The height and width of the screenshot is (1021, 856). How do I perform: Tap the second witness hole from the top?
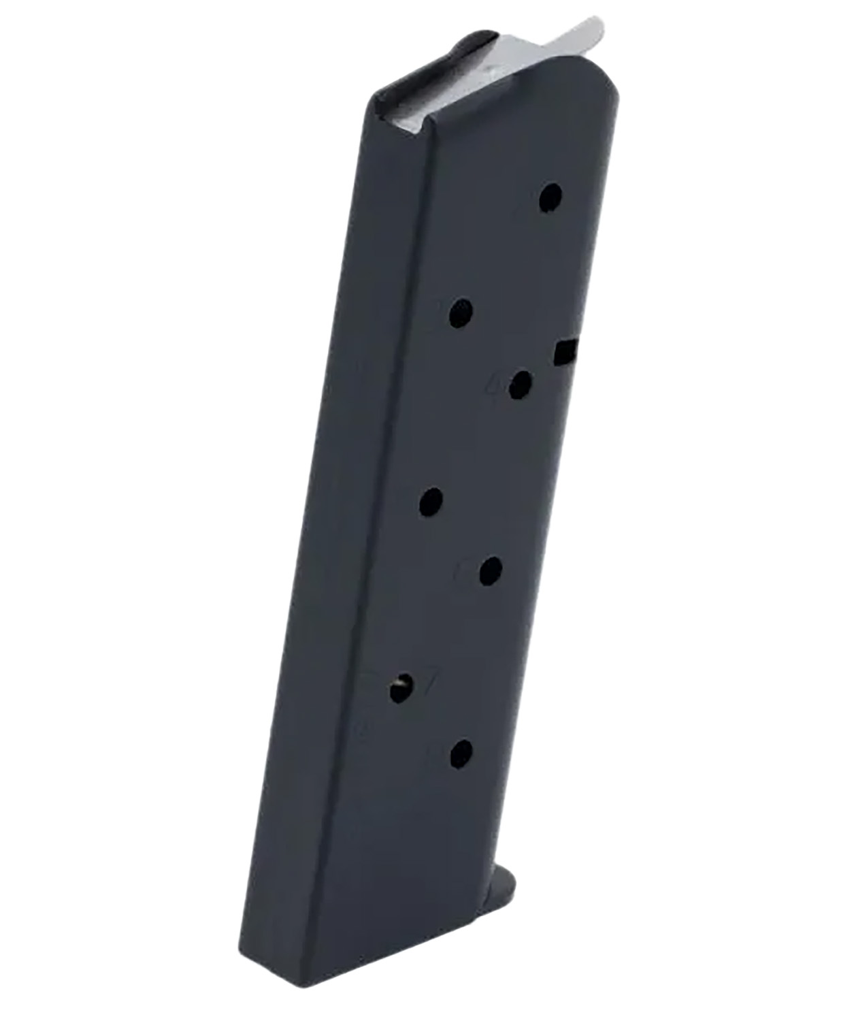tap(463, 312)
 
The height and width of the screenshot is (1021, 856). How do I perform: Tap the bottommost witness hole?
tap(461, 753)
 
